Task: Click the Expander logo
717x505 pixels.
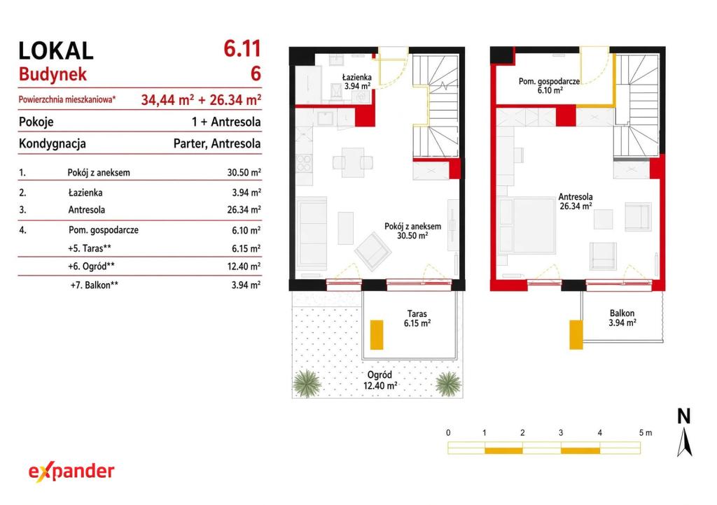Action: coord(71,472)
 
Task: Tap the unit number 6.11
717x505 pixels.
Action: coord(242,48)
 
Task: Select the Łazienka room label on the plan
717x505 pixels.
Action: coord(357,82)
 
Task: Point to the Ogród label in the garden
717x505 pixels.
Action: coord(380,380)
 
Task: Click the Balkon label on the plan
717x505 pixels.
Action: coord(622,318)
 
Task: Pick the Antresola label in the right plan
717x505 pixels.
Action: coord(576,201)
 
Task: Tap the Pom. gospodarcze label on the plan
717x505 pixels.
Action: coord(549,86)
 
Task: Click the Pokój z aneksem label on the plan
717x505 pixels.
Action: coord(412,231)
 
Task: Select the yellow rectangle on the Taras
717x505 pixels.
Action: coord(376,335)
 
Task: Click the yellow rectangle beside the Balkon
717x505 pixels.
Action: coord(576,335)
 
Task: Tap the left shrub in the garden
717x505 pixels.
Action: coord(307,383)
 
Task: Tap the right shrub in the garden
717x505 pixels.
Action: coord(448,383)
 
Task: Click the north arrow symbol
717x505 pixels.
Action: coord(684,441)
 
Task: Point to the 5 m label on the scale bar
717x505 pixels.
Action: coord(645,433)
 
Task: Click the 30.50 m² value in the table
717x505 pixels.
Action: coord(244,173)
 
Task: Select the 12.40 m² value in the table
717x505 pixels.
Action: coord(244,266)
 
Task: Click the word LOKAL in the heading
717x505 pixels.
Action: coord(56,50)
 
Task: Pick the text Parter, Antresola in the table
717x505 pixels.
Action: coord(217,144)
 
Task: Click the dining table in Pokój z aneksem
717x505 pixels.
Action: coord(353,162)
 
